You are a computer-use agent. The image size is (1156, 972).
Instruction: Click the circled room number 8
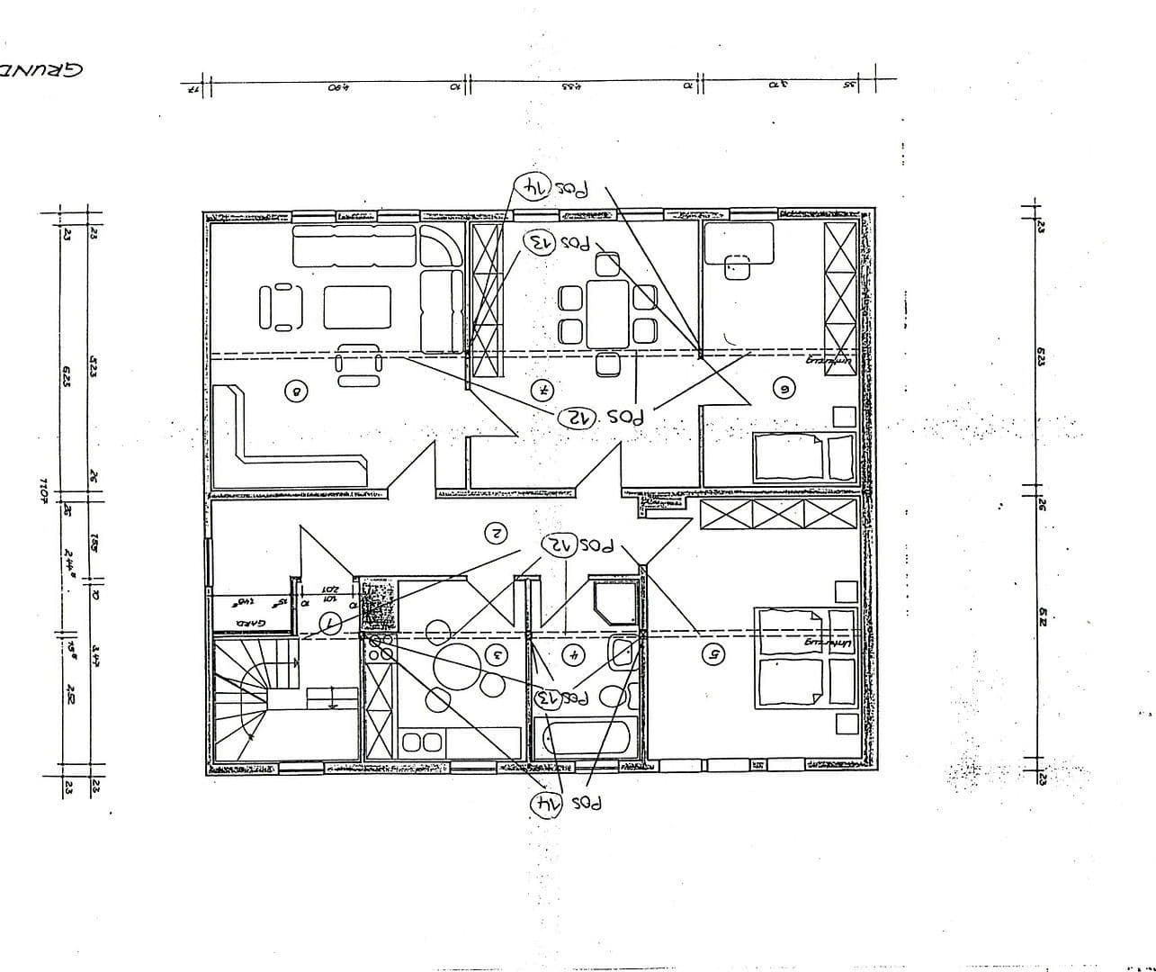click(295, 391)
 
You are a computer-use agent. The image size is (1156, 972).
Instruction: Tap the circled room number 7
click(542, 390)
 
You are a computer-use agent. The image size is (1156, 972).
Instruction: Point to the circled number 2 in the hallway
click(496, 533)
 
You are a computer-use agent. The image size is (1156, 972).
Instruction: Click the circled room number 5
click(712, 654)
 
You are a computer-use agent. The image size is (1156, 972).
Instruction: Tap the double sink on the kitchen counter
click(422, 742)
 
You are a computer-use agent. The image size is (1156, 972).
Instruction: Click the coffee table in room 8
click(357, 308)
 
